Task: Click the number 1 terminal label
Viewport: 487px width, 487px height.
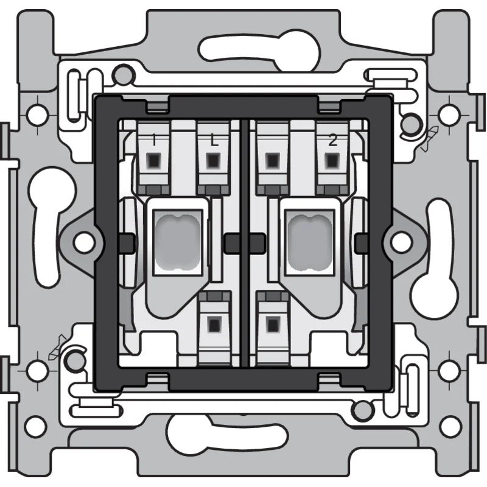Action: (154, 140)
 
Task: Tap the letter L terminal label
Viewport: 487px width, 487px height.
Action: (214, 141)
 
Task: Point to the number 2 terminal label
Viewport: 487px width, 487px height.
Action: (332, 141)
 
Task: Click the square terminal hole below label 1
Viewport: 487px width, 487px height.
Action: (154, 160)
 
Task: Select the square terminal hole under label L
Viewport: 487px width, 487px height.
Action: (212, 160)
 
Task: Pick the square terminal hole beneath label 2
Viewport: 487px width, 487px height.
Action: (332, 160)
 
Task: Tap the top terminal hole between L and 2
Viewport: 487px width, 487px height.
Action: (273, 160)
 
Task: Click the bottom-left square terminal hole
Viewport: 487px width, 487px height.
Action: (214, 324)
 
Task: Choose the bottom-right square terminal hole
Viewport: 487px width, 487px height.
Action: (273, 324)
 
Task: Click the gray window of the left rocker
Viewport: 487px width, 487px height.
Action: (178, 242)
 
